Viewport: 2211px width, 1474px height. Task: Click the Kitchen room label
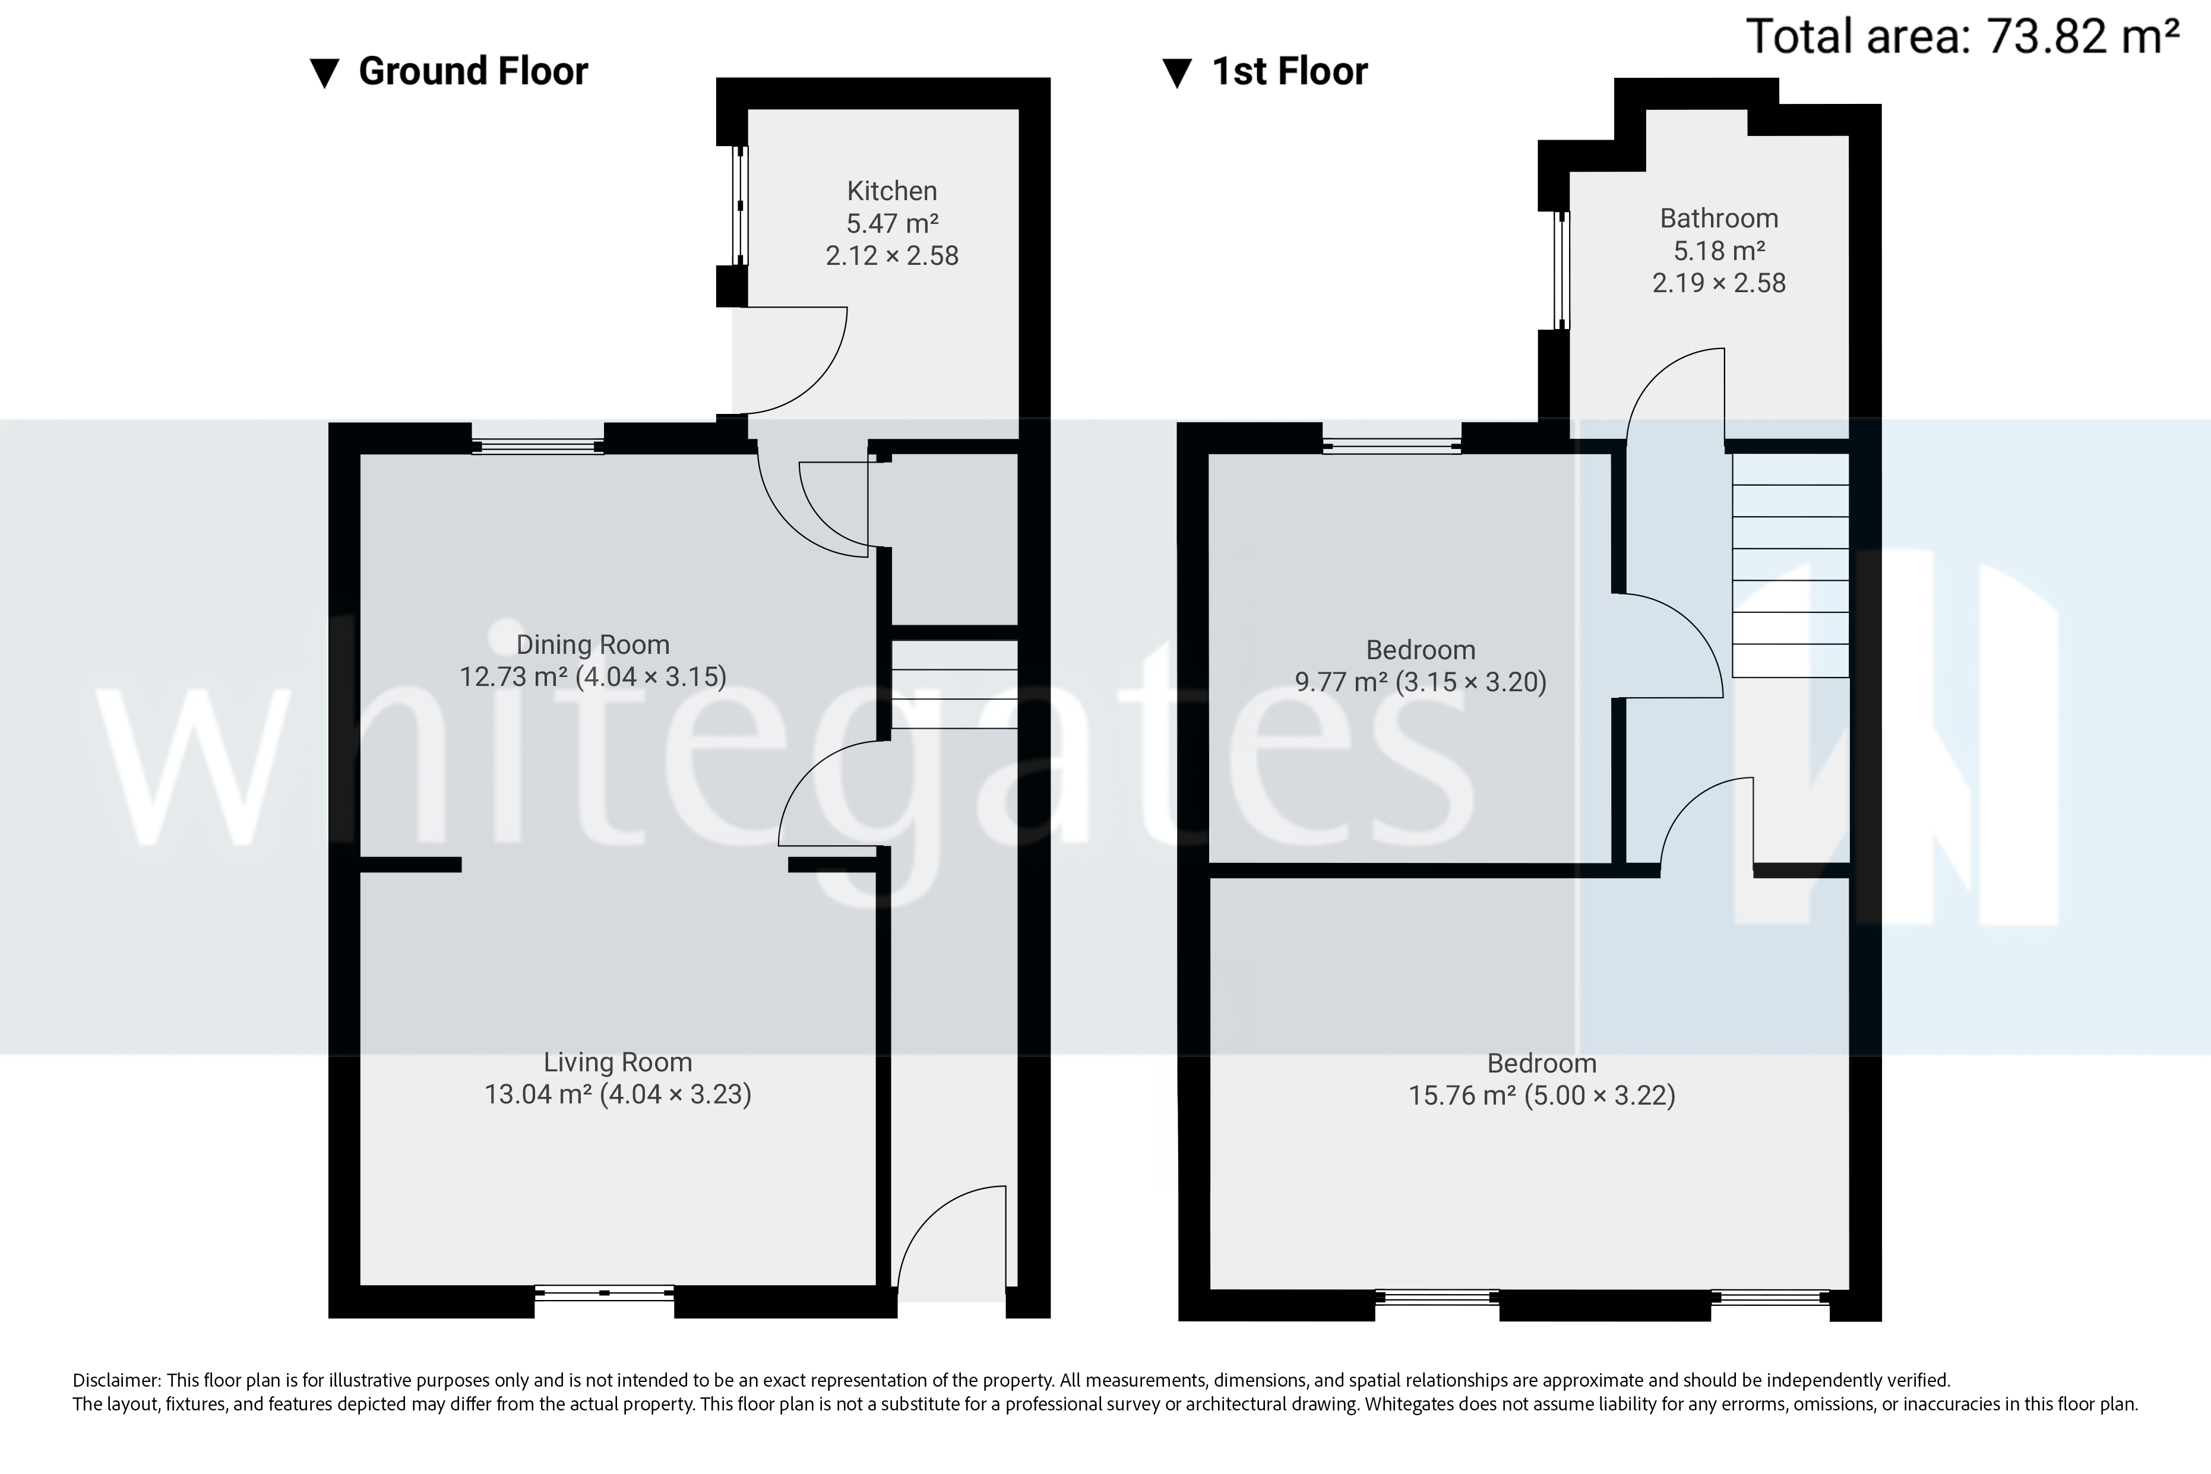[891, 191]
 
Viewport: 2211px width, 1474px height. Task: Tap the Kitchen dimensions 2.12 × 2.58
[891, 256]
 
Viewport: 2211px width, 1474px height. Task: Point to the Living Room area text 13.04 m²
[537, 1095]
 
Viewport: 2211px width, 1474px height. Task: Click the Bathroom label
[1719, 218]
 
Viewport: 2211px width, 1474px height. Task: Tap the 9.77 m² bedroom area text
[1340, 682]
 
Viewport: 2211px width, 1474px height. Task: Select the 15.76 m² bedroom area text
[1461, 1095]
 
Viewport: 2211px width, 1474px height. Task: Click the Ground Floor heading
[473, 71]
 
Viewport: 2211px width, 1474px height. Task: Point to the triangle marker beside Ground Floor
[324, 73]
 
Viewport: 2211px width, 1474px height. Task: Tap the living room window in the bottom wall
[605, 1293]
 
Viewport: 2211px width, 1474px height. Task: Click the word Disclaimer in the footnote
[116, 1380]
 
